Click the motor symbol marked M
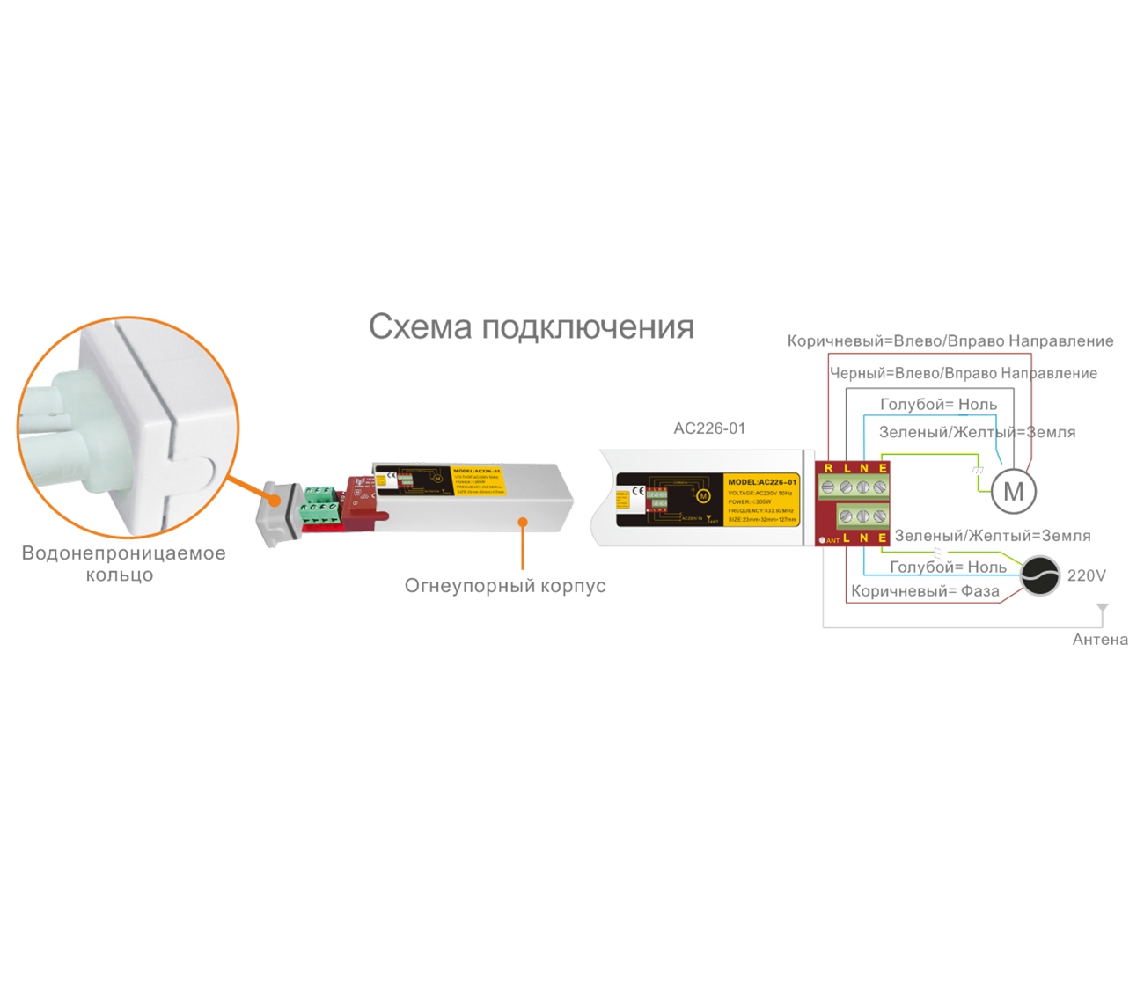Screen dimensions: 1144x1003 (1013, 492)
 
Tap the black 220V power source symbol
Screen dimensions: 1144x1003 (1039, 576)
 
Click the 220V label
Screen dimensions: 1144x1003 (1086, 575)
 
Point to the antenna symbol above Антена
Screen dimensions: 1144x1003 (1103, 609)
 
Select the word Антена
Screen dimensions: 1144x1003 (1100, 640)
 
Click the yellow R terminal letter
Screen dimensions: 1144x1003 (828, 468)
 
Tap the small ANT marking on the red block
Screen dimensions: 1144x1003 (832, 540)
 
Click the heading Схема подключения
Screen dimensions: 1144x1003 (531, 326)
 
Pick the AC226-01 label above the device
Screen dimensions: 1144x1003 (709, 428)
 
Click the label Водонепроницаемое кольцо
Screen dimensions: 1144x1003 (123, 564)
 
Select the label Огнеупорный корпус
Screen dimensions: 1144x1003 (505, 586)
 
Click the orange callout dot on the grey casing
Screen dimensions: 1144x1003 (523, 522)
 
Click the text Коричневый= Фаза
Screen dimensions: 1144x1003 (925, 591)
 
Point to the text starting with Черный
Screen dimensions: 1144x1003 (964, 373)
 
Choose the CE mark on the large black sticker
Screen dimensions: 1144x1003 (638, 491)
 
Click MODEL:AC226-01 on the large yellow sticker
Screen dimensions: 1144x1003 (762, 482)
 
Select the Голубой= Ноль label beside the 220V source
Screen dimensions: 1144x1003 (948, 567)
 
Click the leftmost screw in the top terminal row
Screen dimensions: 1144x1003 (828, 487)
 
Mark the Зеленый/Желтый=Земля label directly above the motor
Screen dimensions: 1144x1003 (977, 432)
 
